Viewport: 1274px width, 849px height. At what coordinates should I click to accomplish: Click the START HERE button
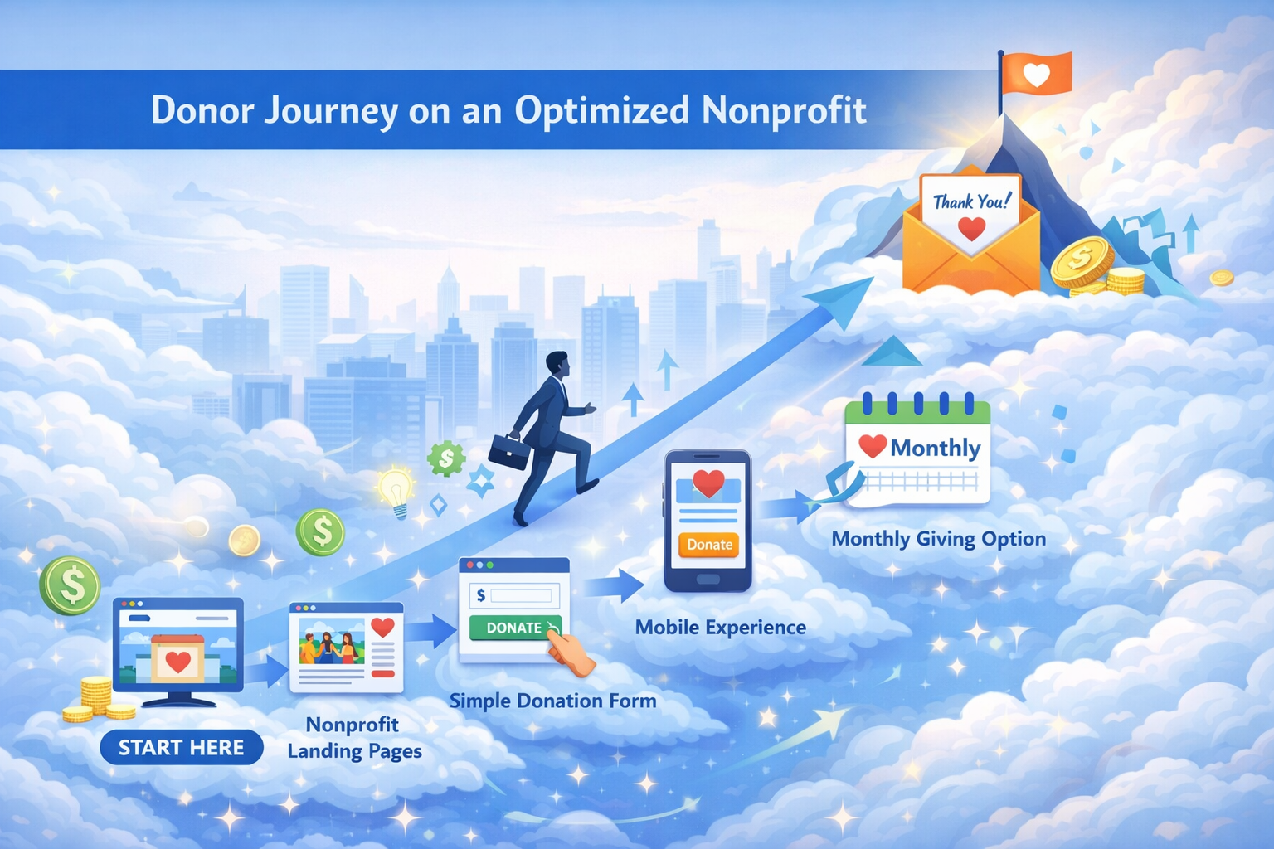[x=181, y=748]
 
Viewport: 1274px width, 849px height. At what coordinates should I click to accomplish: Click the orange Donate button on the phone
[x=709, y=545]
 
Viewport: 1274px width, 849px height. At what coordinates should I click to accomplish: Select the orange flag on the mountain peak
[x=1037, y=75]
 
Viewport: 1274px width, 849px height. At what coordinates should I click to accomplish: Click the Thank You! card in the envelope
[x=970, y=208]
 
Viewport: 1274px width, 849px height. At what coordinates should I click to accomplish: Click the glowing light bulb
[x=396, y=488]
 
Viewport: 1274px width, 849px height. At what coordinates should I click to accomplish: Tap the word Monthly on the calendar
[x=935, y=449]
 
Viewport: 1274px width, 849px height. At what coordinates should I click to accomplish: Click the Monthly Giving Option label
[x=938, y=539]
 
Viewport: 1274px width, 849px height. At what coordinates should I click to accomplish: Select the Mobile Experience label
[x=720, y=628]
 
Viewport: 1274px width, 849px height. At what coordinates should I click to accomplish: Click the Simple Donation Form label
[x=552, y=701]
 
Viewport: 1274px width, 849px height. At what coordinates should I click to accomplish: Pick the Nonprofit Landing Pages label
[x=354, y=738]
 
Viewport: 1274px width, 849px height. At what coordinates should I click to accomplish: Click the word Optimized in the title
[x=601, y=110]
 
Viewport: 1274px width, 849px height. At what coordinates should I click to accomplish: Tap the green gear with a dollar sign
[x=446, y=458]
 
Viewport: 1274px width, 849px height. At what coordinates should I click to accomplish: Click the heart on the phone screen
[x=708, y=483]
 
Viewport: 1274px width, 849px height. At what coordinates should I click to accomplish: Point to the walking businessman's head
[x=558, y=364]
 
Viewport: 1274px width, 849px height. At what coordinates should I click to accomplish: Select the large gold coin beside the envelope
[x=1081, y=261]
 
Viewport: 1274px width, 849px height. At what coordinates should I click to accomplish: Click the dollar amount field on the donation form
[x=520, y=595]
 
